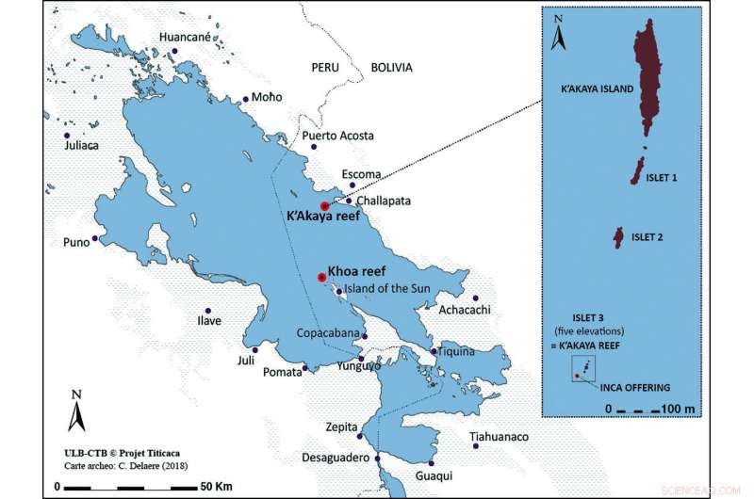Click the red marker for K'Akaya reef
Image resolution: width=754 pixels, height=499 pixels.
point(324,205)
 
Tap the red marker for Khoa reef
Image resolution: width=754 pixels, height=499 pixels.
point(321,277)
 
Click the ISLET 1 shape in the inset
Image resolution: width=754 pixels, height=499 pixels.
point(638,170)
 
